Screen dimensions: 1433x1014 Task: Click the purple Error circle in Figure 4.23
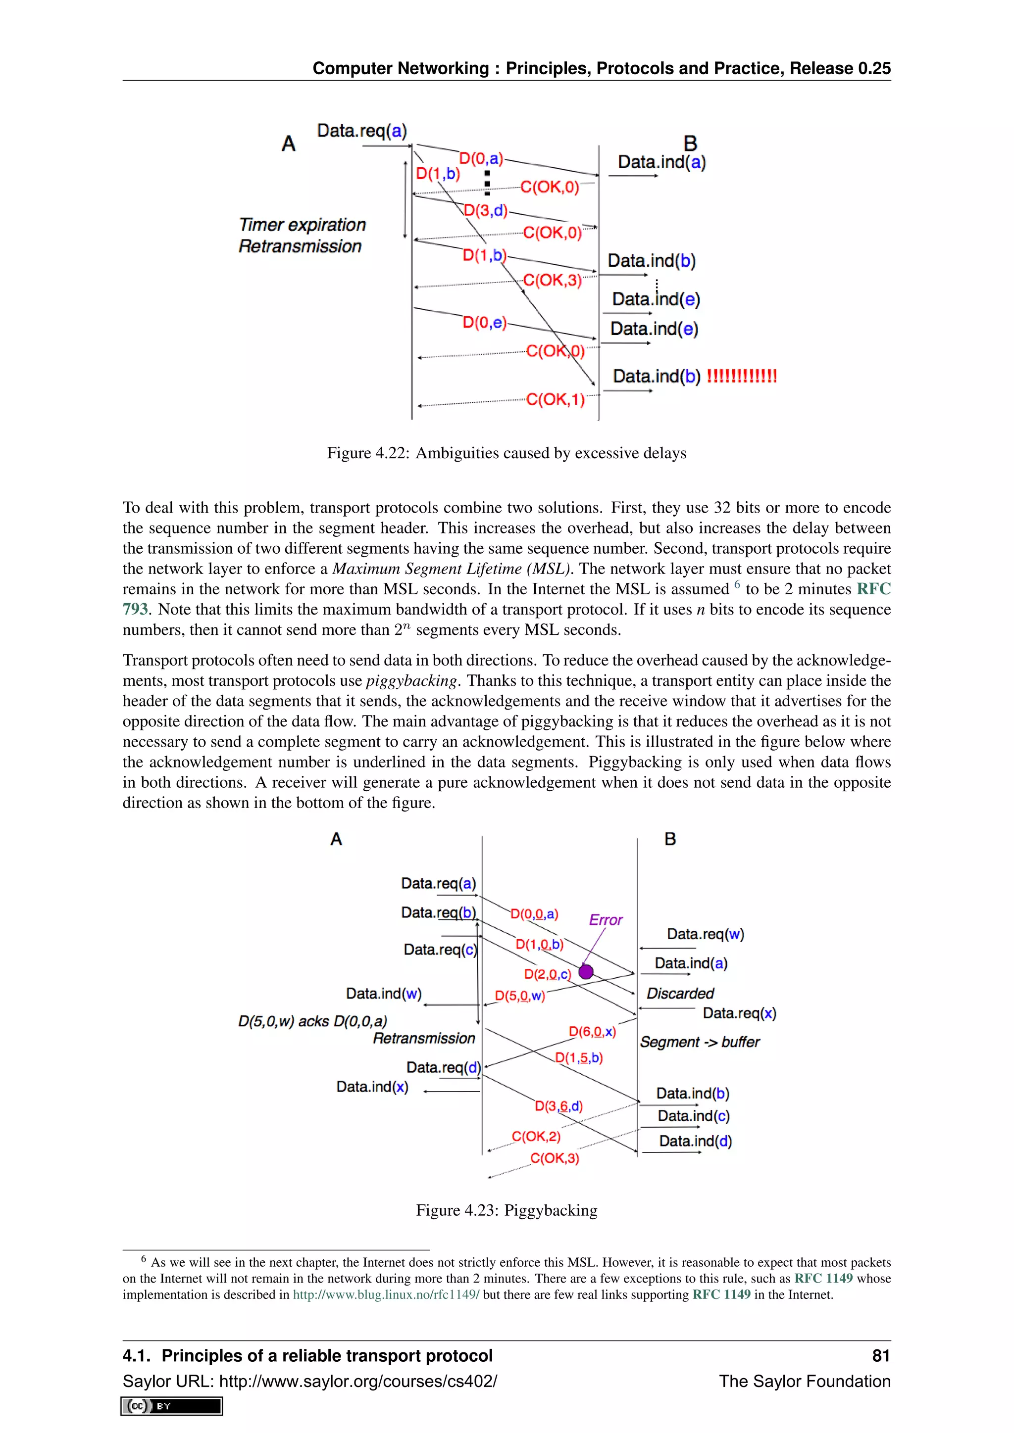(586, 971)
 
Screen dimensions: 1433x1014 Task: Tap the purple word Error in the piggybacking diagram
(605, 920)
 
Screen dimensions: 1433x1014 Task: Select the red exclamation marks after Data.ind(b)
(741, 377)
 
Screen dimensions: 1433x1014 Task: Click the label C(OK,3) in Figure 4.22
(552, 280)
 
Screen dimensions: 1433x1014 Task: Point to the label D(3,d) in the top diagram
(485, 210)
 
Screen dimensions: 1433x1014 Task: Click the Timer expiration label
(302, 225)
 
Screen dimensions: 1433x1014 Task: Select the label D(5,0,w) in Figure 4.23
(519, 996)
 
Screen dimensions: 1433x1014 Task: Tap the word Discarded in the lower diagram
(679, 993)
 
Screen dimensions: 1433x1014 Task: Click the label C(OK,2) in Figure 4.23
(536, 1137)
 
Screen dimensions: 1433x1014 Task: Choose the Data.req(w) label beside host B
(705, 934)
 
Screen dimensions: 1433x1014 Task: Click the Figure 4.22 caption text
(507, 453)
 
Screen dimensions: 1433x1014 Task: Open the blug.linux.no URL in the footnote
(386, 1294)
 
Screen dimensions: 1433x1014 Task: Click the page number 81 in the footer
(880, 1356)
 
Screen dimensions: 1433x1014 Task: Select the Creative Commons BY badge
(172, 1406)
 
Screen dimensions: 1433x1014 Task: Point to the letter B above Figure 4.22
(690, 143)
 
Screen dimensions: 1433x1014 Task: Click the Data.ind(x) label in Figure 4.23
(372, 1087)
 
